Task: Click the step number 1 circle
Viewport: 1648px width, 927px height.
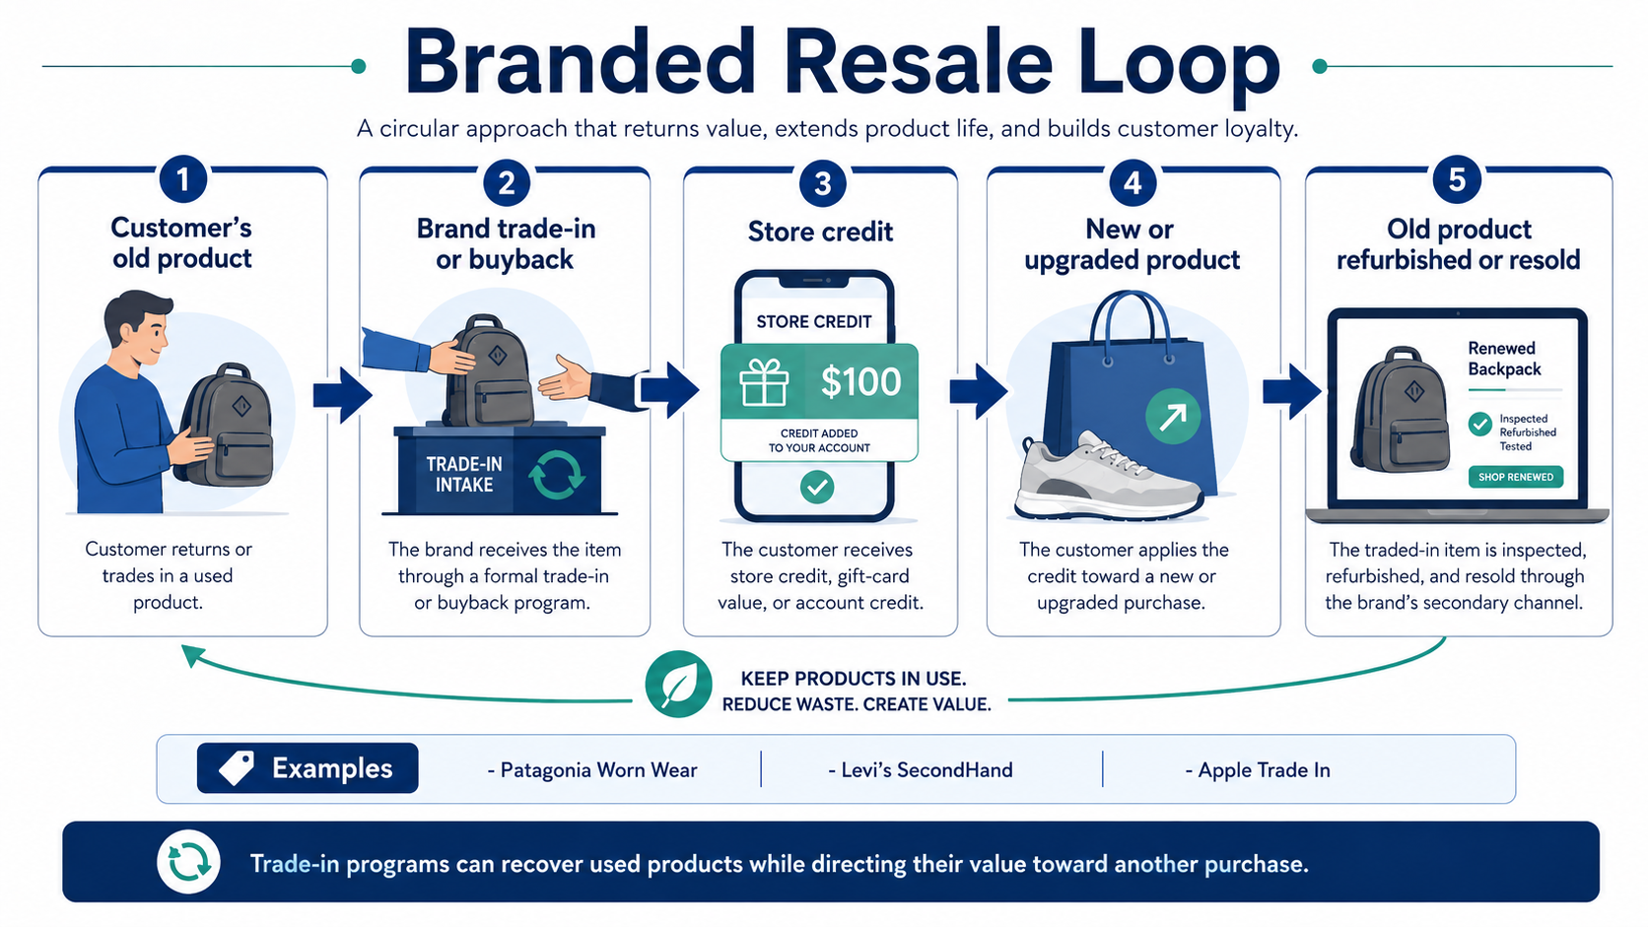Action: pos(182,179)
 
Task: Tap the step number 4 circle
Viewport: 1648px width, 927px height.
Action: pos(1133,182)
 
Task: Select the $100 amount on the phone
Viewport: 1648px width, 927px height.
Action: pos(860,381)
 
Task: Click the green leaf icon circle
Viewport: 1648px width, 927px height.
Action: pos(678,684)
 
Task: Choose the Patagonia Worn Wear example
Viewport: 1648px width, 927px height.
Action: pos(592,769)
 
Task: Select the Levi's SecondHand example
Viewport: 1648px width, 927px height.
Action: pos(921,769)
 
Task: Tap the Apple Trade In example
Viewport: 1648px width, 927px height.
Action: pos(1258,769)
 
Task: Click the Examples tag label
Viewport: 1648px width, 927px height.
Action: pos(308,768)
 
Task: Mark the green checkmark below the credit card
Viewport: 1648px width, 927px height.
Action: pos(817,487)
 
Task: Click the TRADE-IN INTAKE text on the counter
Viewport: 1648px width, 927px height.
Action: pos(464,474)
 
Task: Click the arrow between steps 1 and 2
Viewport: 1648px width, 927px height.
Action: pos(342,395)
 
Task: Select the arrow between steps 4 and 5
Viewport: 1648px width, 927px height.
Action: pos(1292,392)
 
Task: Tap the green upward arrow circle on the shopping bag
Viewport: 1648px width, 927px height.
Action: pos(1173,416)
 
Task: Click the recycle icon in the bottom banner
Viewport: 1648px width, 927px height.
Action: pos(189,862)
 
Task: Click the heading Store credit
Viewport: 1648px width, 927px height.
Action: pos(820,232)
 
